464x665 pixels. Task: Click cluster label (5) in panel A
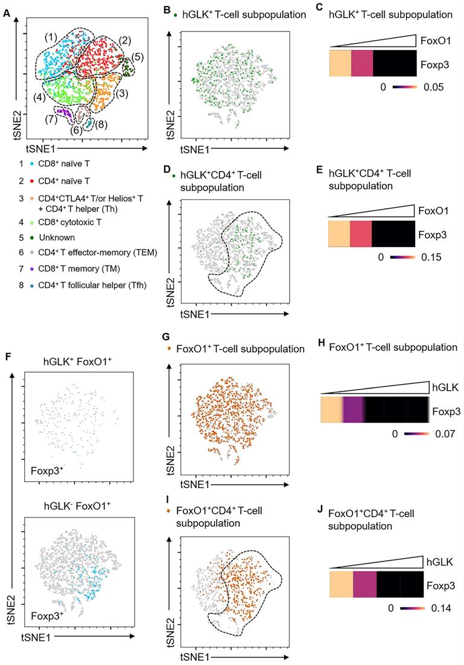click(138, 57)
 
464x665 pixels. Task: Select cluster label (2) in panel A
click(124, 40)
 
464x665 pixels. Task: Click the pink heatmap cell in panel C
click(361, 62)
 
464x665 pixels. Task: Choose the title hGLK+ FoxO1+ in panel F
click(73, 362)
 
